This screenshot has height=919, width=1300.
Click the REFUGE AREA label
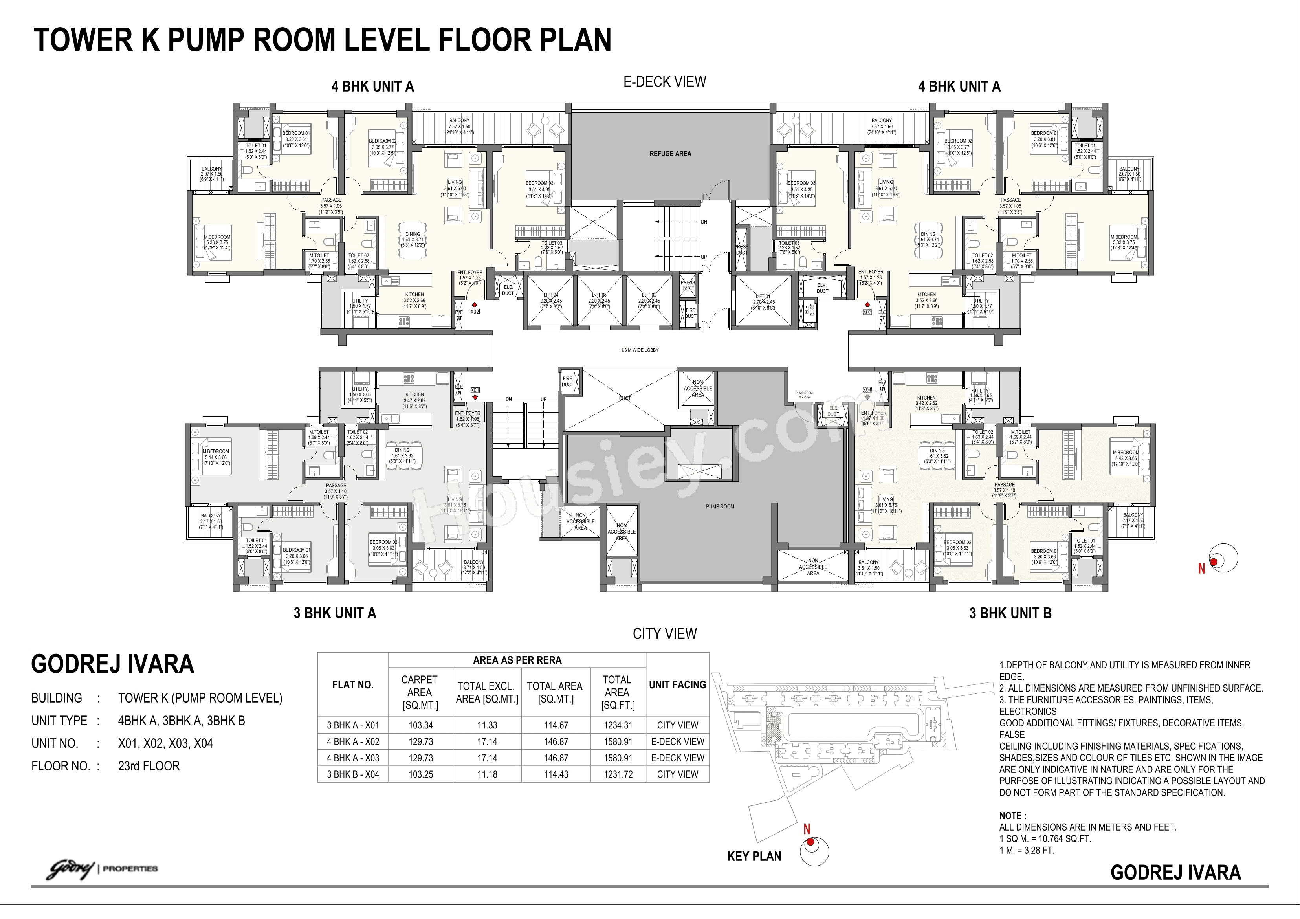[670, 154]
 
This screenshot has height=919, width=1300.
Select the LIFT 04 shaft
[550, 301]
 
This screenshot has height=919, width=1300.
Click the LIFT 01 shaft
[763, 301]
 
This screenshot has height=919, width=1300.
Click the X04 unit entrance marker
[867, 390]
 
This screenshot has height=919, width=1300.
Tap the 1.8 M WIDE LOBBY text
[639, 350]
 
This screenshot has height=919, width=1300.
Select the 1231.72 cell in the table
[618, 774]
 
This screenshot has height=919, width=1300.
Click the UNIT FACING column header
[677, 684]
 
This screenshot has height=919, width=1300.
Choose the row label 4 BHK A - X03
[353, 758]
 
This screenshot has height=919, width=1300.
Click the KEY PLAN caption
[754, 856]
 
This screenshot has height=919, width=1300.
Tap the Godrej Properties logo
[102, 869]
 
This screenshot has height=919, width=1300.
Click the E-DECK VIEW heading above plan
[664, 82]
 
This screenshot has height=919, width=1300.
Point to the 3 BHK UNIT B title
[1010, 613]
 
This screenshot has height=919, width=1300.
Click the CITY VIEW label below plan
[664, 634]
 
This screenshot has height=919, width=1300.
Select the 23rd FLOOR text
[149, 766]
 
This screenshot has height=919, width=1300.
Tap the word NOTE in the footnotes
[1012, 816]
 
